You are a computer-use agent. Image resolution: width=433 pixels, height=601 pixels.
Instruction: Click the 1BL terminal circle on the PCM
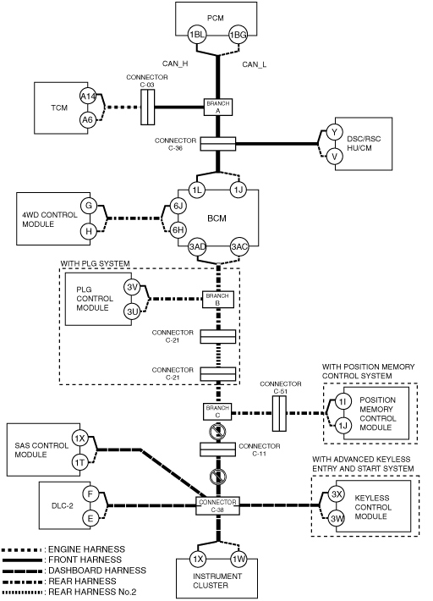tap(197, 35)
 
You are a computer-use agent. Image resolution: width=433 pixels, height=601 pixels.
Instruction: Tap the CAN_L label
tap(255, 64)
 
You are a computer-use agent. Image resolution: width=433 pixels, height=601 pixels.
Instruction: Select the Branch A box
tap(218, 107)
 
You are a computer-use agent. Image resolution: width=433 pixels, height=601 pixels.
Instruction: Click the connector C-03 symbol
tap(147, 107)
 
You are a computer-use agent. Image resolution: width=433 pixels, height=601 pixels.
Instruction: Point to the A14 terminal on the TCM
tap(88, 96)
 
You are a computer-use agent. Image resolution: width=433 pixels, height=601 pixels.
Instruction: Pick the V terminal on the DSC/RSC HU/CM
tap(335, 156)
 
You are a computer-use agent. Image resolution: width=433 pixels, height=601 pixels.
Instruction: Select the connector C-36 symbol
tap(218, 144)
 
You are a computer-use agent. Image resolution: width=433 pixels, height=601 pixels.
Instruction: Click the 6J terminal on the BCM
tap(178, 207)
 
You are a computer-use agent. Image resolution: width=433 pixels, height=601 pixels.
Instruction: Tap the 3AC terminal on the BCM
tap(238, 246)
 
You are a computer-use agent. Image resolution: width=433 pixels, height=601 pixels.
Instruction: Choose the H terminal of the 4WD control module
tap(89, 231)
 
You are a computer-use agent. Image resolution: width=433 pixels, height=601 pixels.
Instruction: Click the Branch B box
tap(218, 300)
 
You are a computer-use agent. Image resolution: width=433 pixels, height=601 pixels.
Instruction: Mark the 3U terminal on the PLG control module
tap(132, 312)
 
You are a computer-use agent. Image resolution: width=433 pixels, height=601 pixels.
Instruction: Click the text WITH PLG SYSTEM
tap(95, 263)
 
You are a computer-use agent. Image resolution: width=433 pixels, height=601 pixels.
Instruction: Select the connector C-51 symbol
tap(279, 414)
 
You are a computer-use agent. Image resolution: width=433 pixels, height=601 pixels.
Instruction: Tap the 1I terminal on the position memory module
tap(343, 401)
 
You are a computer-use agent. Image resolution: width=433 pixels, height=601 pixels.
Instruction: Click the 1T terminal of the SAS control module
tap(79, 463)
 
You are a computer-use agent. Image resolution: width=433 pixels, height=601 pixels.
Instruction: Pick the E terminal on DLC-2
tap(90, 518)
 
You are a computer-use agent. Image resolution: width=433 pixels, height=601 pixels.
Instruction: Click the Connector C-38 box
tap(217, 505)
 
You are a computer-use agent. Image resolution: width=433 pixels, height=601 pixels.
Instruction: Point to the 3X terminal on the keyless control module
tap(337, 494)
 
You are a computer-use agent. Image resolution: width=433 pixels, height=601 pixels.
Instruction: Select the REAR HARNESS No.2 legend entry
tap(69, 592)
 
